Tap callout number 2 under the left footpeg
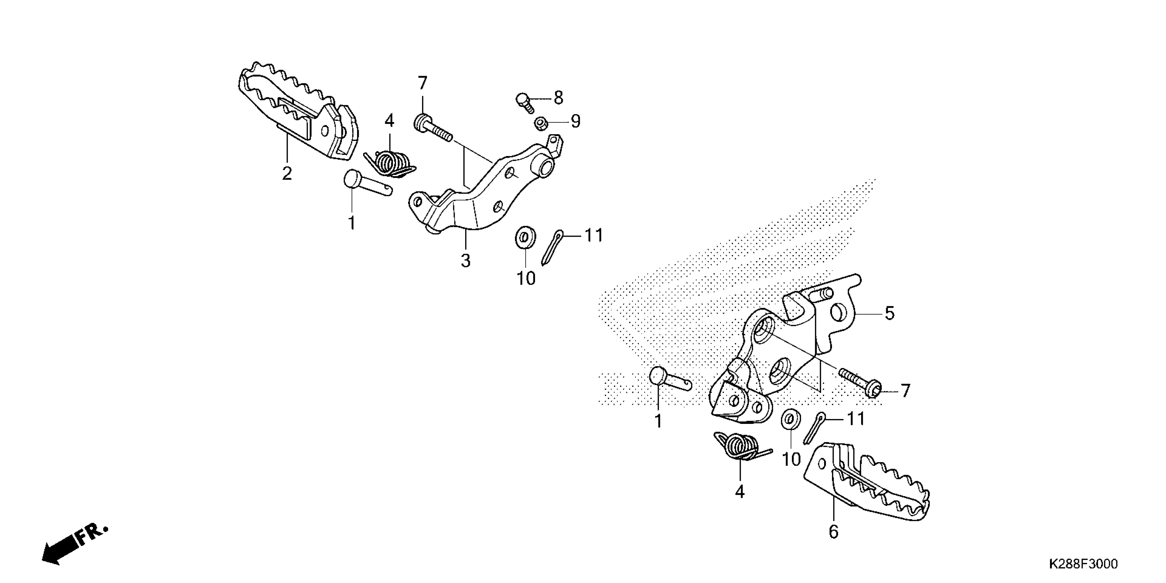click(x=287, y=174)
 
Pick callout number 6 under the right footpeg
click(x=834, y=532)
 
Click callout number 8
click(x=559, y=98)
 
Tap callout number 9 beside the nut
click(x=575, y=121)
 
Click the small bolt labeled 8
click(x=524, y=102)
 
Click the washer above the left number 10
click(x=525, y=238)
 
